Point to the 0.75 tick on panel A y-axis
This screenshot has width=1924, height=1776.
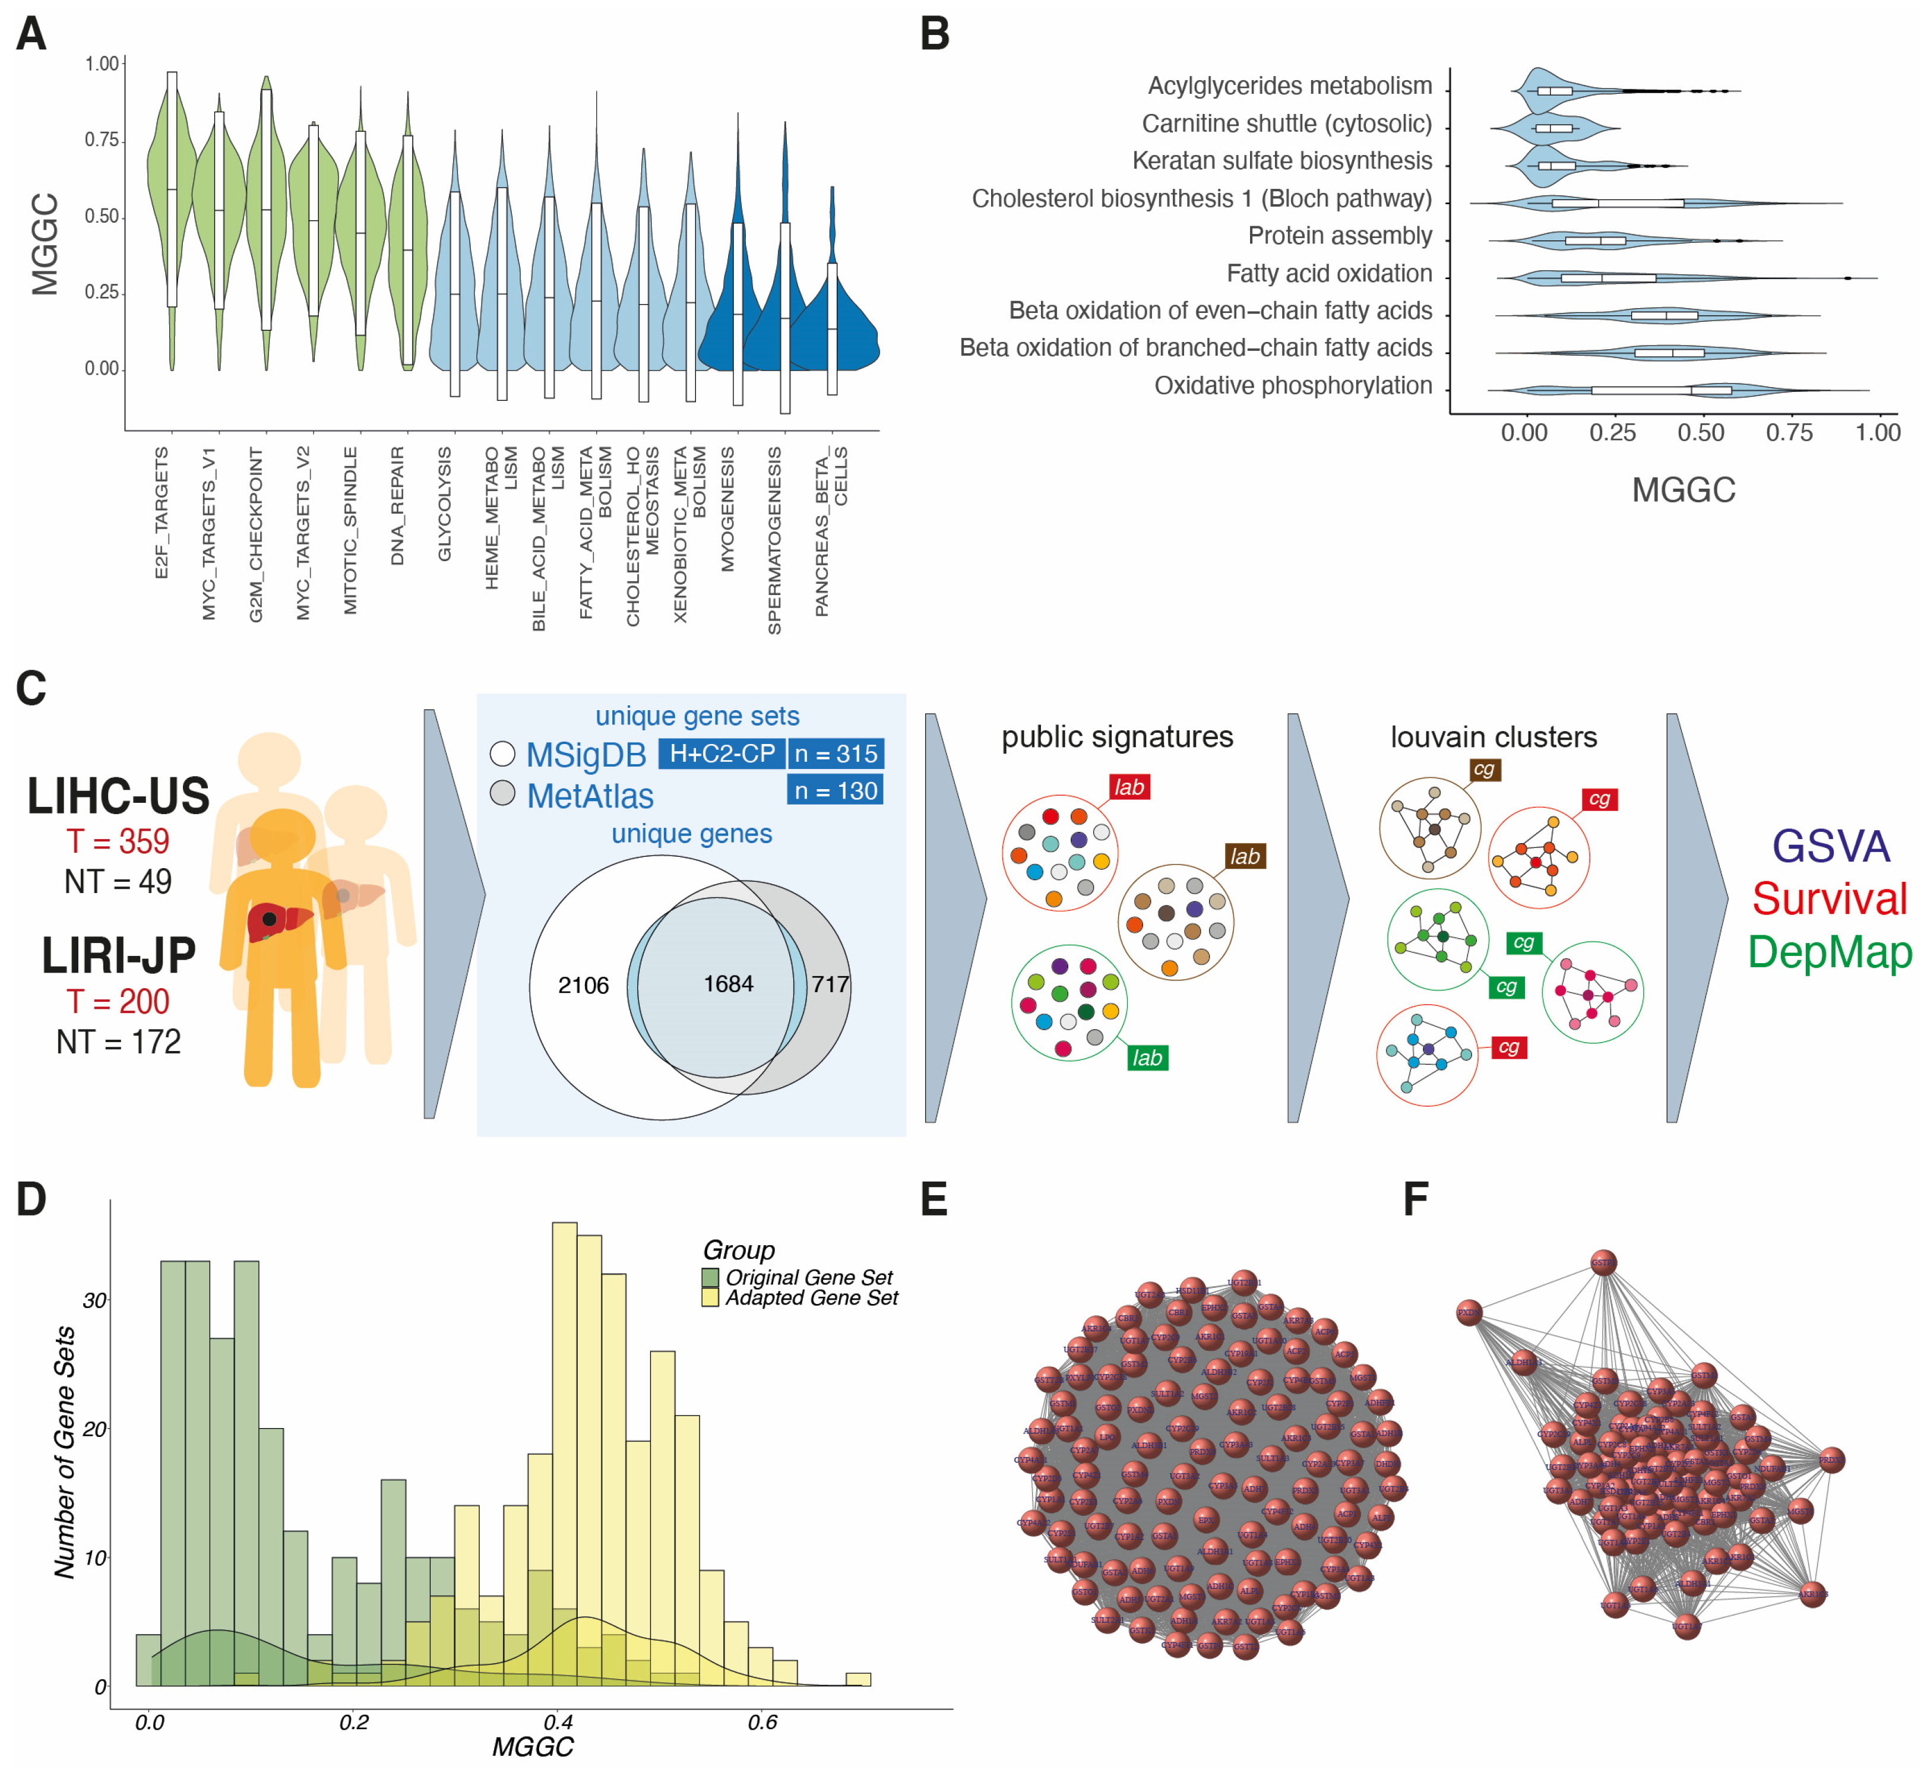102,140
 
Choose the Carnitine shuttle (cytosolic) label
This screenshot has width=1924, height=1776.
1286,124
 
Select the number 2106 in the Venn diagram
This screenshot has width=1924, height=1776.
583,985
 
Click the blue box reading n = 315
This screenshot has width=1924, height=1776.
835,754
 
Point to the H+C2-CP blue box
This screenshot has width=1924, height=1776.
721,754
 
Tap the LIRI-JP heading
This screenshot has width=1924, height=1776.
118,955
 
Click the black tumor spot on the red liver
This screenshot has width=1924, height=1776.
270,920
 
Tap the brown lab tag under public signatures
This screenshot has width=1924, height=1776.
1245,856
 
